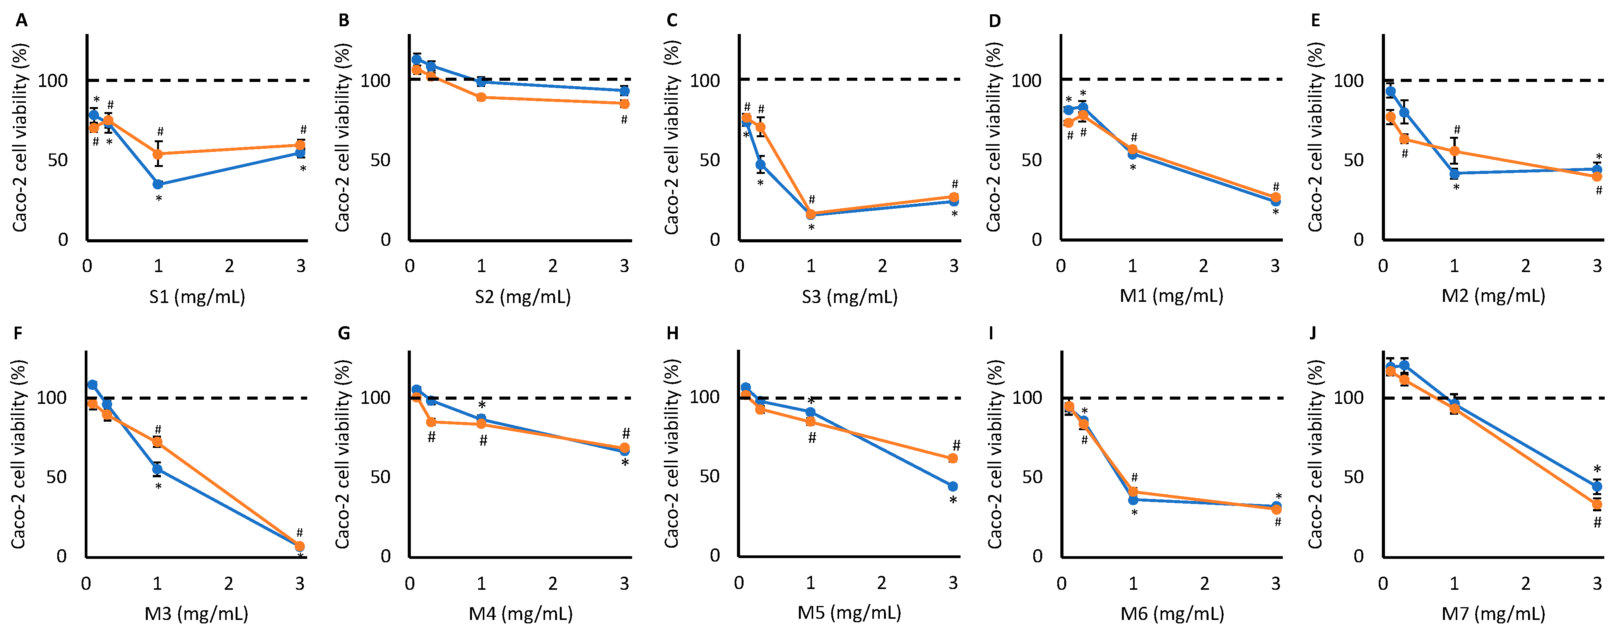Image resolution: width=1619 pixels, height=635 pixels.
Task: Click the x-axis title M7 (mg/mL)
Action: click(x=1493, y=613)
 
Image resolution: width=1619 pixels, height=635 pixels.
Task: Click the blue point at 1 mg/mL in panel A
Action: click(x=158, y=184)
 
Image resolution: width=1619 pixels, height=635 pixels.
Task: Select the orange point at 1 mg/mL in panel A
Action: click(x=158, y=154)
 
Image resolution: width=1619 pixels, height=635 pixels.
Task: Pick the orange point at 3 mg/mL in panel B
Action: click(x=624, y=104)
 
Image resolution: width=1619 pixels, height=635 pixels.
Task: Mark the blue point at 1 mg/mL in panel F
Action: click(x=157, y=469)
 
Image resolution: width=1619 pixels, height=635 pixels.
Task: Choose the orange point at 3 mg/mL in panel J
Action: click(x=1597, y=504)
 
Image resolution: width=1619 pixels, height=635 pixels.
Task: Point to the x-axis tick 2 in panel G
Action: click(x=552, y=584)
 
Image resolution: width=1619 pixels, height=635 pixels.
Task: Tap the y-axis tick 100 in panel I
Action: click(x=1027, y=398)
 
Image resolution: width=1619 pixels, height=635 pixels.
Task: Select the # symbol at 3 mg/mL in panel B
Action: click(x=624, y=119)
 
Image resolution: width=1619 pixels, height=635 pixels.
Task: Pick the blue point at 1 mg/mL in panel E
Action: click(x=1454, y=174)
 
